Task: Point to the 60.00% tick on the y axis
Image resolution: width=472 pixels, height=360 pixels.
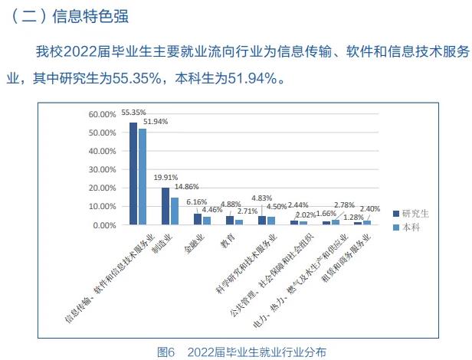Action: (x=102, y=115)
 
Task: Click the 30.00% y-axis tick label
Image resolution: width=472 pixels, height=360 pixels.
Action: (x=102, y=170)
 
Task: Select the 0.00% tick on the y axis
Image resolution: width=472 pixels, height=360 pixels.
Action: (x=104, y=225)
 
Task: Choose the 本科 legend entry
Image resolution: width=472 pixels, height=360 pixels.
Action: (x=412, y=227)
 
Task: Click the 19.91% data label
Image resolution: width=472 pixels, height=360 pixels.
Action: (x=165, y=178)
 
